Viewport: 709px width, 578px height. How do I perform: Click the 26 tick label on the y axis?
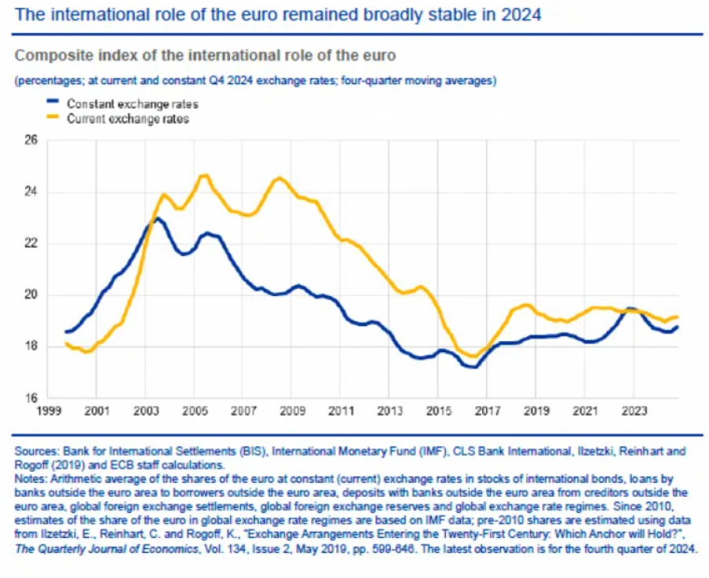pyautogui.click(x=32, y=141)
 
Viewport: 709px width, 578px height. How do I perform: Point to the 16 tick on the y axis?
pyautogui.click(x=32, y=398)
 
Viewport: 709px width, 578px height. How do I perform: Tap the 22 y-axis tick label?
pyautogui.click(x=32, y=244)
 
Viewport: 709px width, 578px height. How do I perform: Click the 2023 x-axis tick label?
pyautogui.click(x=633, y=411)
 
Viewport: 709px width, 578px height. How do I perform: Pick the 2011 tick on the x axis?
pyautogui.click(x=340, y=411)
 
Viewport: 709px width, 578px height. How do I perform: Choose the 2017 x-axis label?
pyautogui.click(x=486, y=411)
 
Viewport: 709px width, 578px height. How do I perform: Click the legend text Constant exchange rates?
pyautogui.click(x=132, y=104)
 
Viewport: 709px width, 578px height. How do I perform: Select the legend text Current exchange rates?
pyautogui.click(x=128, y=119)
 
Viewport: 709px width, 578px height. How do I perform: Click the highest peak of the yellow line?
pyautogui.click(x=204, y=175)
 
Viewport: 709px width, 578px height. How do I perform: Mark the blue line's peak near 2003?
pyautogui.click(x=157, y=218)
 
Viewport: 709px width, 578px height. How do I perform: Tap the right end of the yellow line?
pyautogui.click(x=677, y=317)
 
